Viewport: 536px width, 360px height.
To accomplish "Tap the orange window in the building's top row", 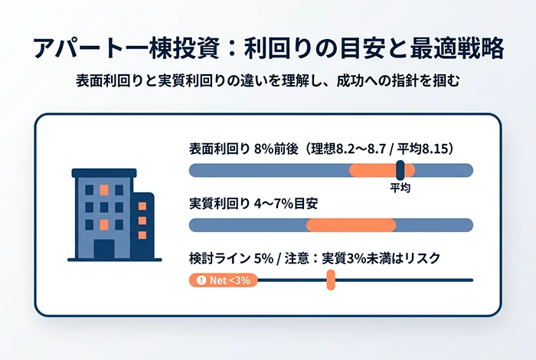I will point(103,189).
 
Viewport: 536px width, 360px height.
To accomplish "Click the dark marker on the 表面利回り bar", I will point(400,170).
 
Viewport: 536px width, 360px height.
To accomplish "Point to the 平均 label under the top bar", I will point(400,188).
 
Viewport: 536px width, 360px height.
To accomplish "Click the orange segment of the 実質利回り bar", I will point(351,225).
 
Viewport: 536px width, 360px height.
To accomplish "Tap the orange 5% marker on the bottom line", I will point(331,280).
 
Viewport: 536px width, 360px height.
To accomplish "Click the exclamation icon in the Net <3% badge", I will point(201,280).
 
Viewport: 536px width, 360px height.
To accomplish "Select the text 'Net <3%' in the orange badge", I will point(229,280).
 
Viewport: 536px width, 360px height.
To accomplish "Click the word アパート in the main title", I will point(67,47).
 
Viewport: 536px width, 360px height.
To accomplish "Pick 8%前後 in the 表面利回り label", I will point(275,149).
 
